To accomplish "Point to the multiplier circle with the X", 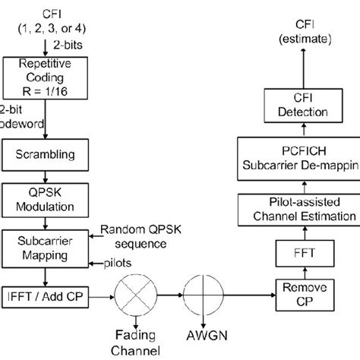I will coord(134,292).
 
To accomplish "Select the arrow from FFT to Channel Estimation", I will coord(298,226).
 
